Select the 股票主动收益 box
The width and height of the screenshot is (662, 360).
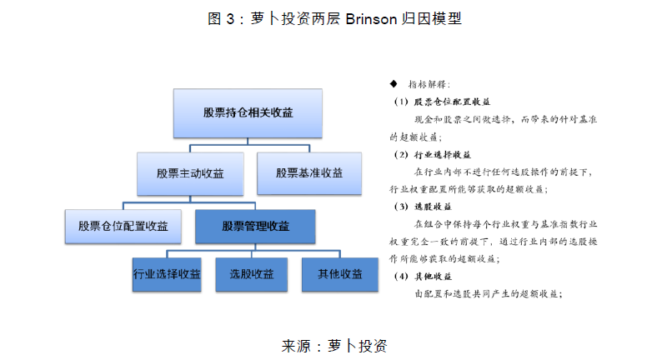(x=188, y=173)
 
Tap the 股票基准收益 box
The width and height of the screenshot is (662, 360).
(x=309, y=173)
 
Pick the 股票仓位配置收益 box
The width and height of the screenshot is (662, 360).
(x=123, y=226)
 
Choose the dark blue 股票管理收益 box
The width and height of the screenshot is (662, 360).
(x=255, y=226)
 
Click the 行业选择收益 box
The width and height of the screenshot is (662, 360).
(x=167, y=274)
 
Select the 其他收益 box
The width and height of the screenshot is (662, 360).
(x=339, y=274)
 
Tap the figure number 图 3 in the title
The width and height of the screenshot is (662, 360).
(x=221, y=18)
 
